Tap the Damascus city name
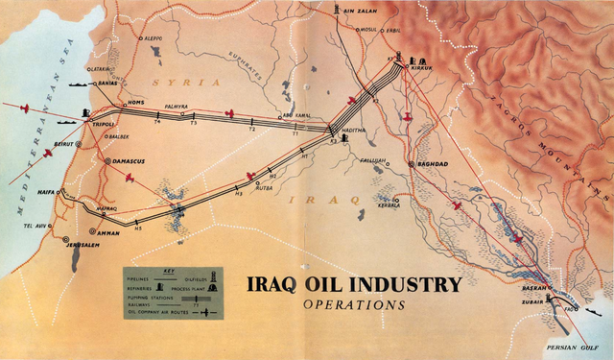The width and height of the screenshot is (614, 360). click(127, 161)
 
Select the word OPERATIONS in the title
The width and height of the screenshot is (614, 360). click(353, 305)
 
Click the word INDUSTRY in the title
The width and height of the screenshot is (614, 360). click(410, 285)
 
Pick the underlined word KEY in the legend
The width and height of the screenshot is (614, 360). click(172, 272)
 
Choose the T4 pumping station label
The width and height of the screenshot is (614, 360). click(156, 123)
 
